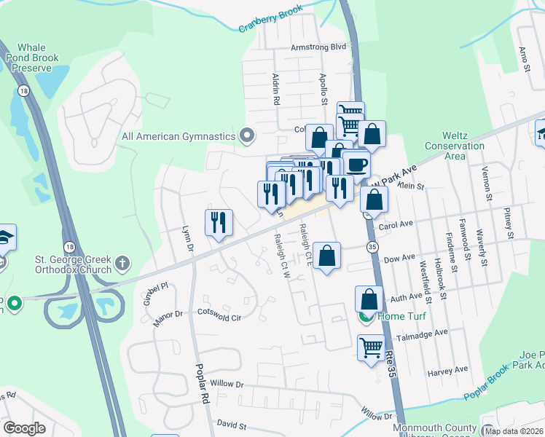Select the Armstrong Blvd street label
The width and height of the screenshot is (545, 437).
[317, 47]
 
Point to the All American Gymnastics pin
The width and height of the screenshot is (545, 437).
[247, 135]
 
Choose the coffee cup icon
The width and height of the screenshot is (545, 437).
[356, 165]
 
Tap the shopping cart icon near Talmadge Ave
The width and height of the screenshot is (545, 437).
[371, 347]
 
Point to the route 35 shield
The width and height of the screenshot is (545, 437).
[372, 248]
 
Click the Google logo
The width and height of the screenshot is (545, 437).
[25, 428]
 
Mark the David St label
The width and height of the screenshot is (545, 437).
[232, 423]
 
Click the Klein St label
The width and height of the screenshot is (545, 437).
[410, 186]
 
